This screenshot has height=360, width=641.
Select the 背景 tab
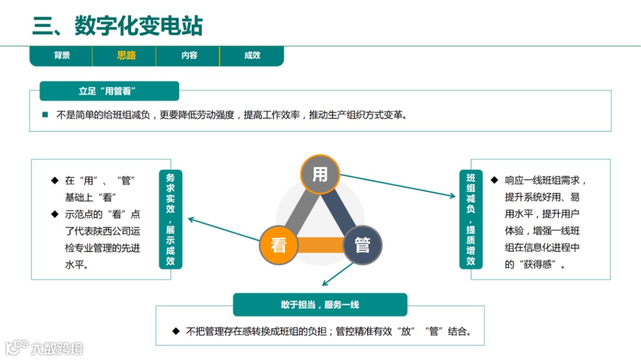[62, 56]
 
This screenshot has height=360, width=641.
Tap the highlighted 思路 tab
[126, 56]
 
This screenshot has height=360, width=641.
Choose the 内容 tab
[189, 56]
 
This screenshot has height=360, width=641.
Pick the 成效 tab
[252, 56]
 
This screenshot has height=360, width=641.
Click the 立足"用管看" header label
[109, 91]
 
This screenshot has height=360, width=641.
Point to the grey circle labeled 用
[320, 174]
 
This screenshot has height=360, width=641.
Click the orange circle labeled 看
[278, 244]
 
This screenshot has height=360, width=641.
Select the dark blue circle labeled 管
[362, 244]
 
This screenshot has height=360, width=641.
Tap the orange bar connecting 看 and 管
[320, 245]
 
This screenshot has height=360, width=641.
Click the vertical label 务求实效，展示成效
[170, 219]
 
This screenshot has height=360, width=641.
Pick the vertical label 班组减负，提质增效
[471, 219]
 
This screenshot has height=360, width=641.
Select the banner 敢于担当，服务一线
[320, 305]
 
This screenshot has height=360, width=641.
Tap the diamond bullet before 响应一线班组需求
[494, 179]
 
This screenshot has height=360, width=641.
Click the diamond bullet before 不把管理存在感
[176, 331]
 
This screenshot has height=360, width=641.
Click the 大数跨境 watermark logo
[45, 348]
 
